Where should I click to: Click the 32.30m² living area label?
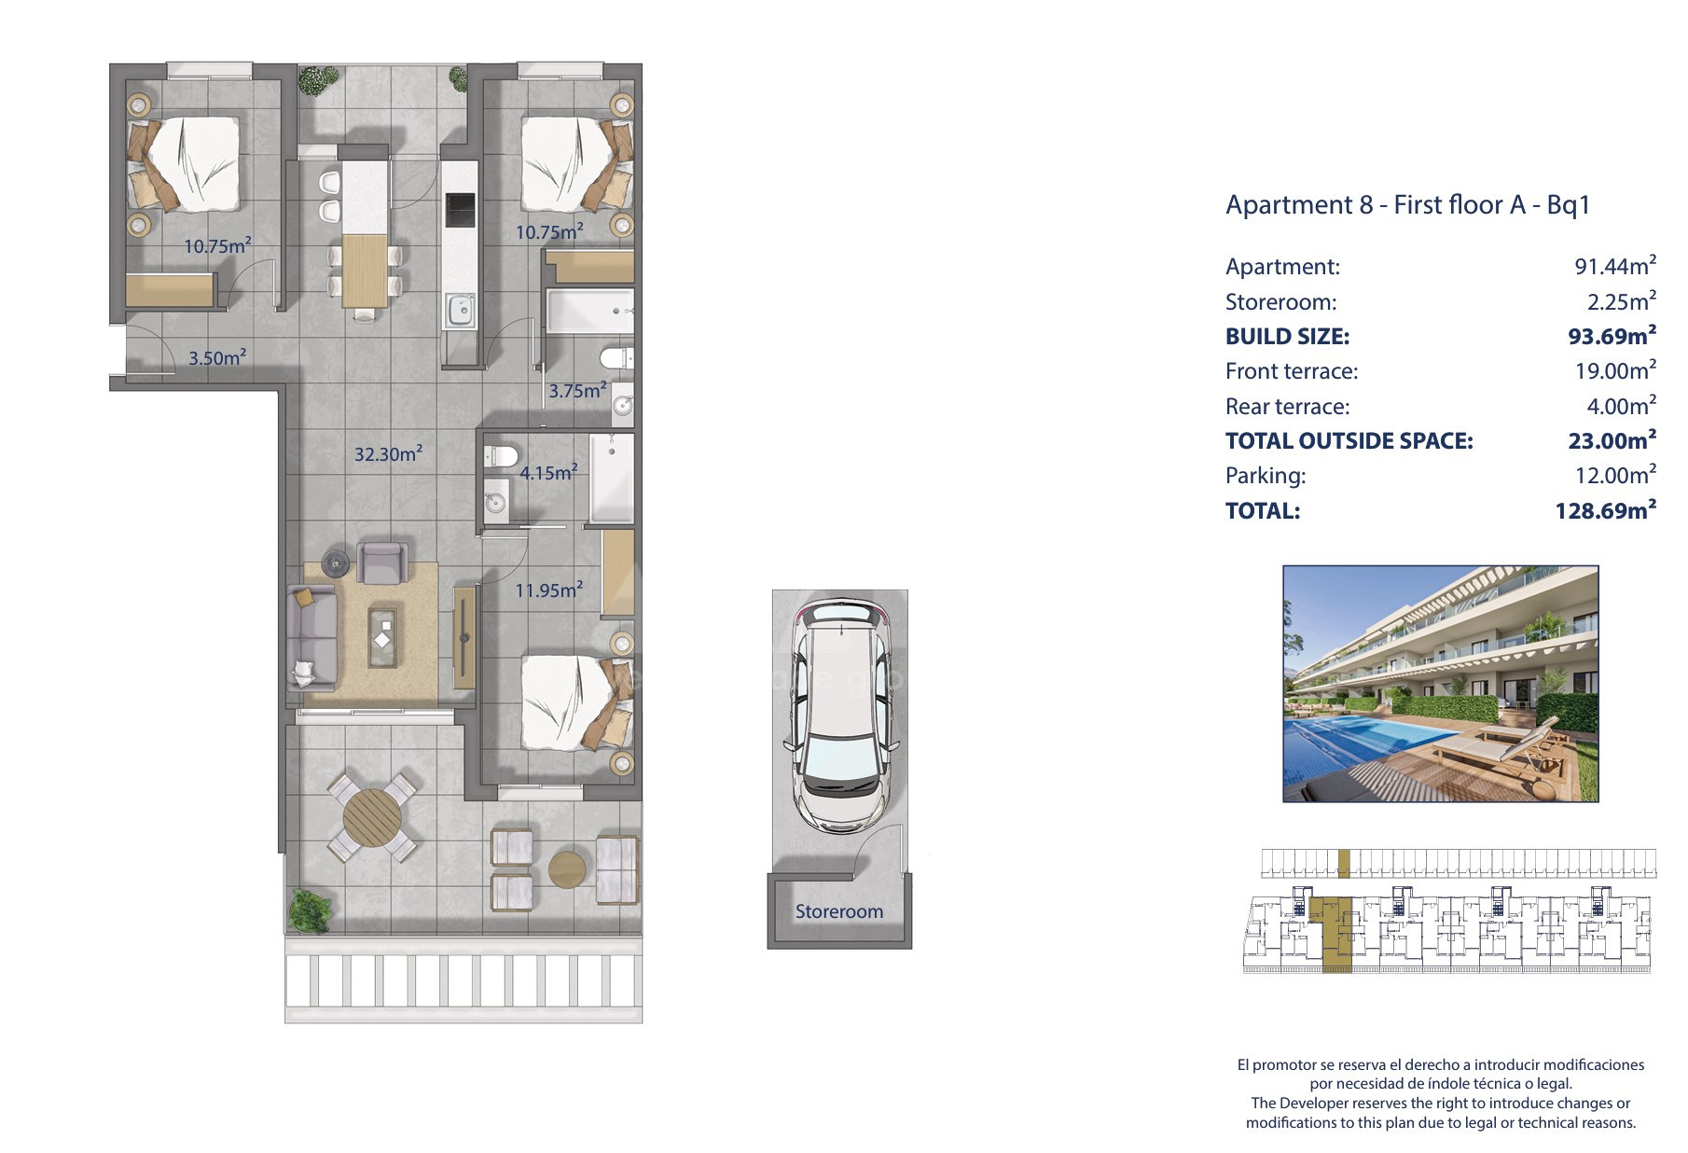[388, 454]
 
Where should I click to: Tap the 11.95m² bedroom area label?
[549, 590]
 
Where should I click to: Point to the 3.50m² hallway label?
[217, 357]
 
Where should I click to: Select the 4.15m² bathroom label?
[548, 472]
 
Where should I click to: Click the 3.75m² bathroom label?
[577, 390]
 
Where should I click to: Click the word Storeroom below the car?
[838, 911]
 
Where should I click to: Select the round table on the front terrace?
[372, 817]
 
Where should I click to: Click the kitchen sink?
[460, 311]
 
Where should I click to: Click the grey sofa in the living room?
[311, 637]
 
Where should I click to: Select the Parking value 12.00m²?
[1615, 475]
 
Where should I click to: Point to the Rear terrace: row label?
[1287, 406]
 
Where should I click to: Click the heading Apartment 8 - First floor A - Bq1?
[1407, 204]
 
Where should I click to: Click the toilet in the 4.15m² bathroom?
[501, 456]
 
